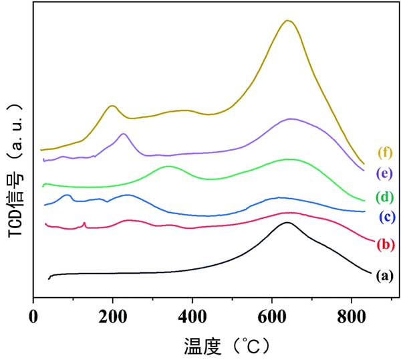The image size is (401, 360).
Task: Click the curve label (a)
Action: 384,275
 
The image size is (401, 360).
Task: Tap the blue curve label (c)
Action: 387,217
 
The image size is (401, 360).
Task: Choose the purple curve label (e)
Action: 384,173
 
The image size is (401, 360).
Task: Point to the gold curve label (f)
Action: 384,151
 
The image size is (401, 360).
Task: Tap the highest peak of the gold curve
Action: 288,20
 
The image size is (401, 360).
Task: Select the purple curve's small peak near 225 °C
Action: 123,134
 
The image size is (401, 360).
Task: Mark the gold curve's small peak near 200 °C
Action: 112,106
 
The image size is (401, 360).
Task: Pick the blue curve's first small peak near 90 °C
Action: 68,195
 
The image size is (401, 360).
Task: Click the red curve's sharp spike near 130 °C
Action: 84,223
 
